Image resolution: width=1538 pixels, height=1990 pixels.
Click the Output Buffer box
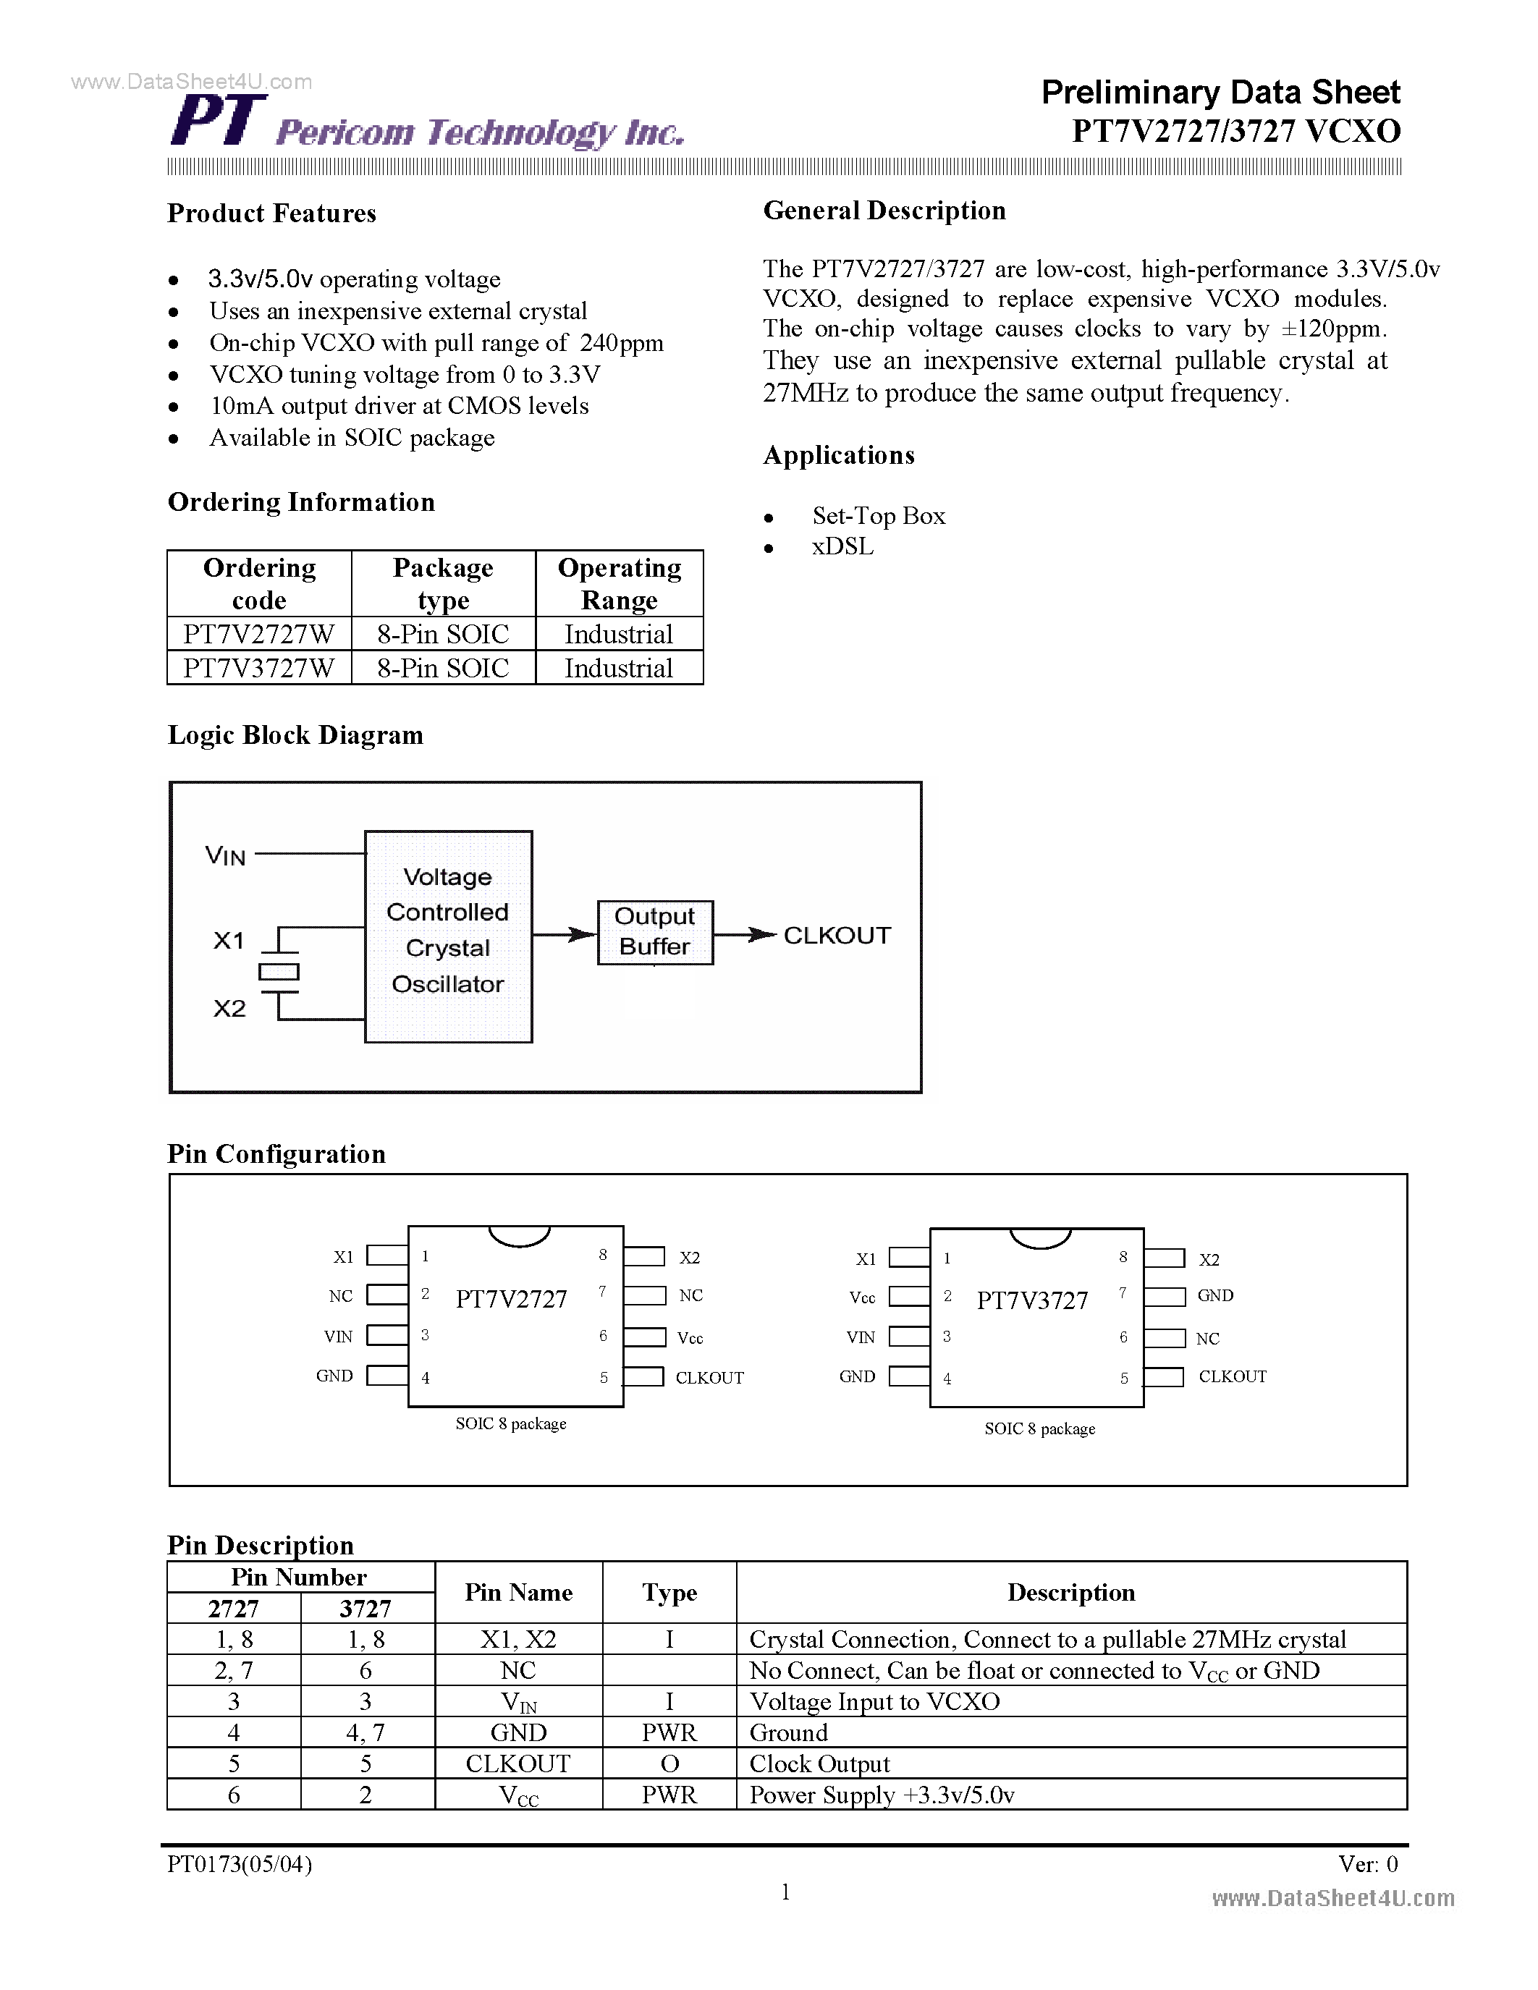click(x=654, y=931)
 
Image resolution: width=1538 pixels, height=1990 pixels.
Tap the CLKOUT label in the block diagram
click(x=837, y=936)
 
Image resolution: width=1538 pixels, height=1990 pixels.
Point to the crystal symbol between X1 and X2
click(x=279, y=973)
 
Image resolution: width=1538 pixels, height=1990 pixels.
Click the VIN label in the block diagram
click(x=225, y=855)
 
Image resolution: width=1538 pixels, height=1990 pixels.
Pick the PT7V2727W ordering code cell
click(x=259, y=634)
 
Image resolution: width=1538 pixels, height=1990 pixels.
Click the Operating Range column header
click(x=619, y=583)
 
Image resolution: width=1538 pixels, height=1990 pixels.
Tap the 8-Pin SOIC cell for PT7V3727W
click(x=443, y=668)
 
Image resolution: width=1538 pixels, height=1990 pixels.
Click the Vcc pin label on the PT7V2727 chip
click(x=690, y=1337)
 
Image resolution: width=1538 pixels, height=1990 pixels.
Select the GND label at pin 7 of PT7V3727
click(x=1214, y=1296)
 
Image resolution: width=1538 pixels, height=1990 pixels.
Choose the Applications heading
click(x=838, y=456)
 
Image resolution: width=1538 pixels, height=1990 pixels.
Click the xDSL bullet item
click(x=842, y=546)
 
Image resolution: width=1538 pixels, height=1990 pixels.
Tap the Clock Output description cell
click(x=819, y=1764)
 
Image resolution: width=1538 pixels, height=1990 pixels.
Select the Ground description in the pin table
click(x=788, y=1733)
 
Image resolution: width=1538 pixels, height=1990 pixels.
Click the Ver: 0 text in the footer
click(x=1366, y=1864)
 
